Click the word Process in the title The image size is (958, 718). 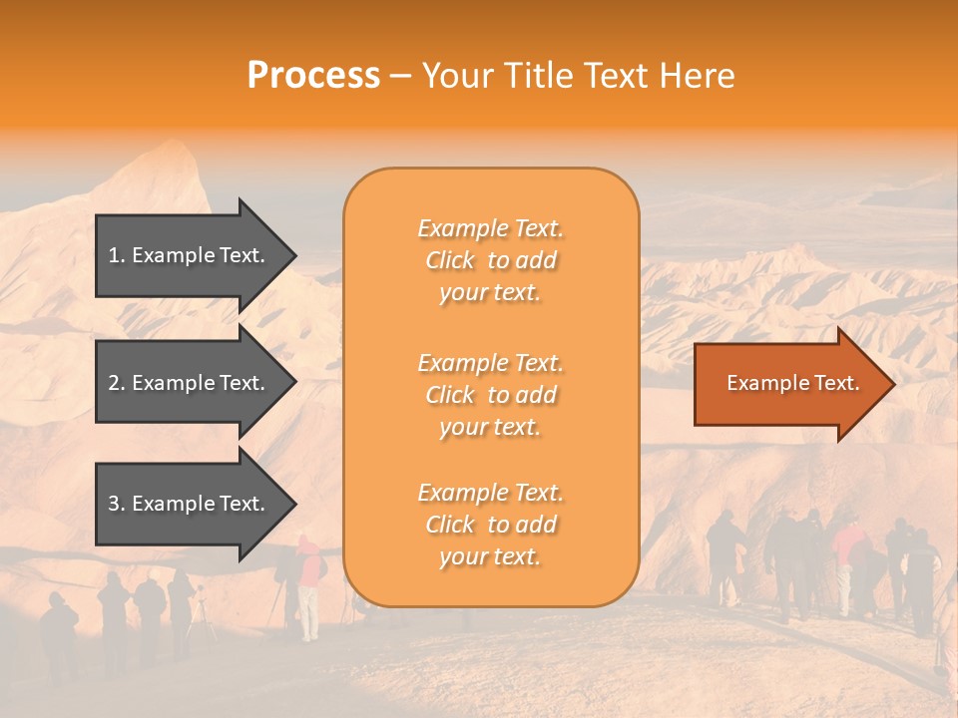[x=313, y=76]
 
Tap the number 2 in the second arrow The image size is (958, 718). [x=114, y=383]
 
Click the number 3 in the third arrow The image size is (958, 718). [x=114, y=504]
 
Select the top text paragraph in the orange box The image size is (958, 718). [x=490, y=260]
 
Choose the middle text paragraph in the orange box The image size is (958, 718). [x=490, y=395]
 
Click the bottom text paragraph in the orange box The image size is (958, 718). [x=490, y=525]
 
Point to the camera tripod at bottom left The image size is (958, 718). [x=203, y=618]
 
